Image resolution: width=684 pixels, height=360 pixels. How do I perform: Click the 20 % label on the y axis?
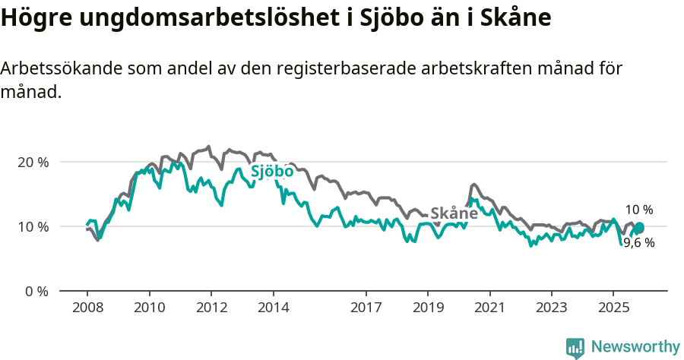click(33, 162)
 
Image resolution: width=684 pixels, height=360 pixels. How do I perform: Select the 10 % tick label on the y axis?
click(33, 226)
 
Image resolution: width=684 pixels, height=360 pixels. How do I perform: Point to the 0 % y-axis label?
click(36, 291)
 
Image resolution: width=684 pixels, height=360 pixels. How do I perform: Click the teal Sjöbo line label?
click(272, 172)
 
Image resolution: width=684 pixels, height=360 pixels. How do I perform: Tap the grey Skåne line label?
click(454, 213)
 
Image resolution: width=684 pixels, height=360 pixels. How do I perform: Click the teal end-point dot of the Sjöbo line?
click(639, 228)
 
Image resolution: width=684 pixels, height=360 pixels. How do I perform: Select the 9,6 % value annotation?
click(638, 243)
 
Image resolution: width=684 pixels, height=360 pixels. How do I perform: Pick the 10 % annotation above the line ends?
click(638, 210)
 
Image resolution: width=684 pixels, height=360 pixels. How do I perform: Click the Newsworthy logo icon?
click(575, 347)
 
